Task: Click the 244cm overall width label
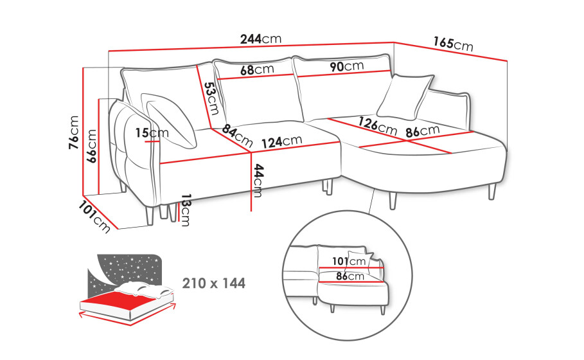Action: click(261, 39)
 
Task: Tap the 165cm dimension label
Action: click(453, 44)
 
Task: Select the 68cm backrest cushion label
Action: click(257, 69)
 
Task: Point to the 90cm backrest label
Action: click(347, 66)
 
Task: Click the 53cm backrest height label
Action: click(211, 98)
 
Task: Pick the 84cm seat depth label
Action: click(238, 136)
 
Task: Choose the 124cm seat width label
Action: click(281, 141)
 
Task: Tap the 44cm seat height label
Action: click(258, 181)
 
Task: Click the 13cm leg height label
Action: click(185, 210)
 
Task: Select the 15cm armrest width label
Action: click(152, 132)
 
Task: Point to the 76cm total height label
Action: click(74, 132)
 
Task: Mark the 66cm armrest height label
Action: click(91, 146)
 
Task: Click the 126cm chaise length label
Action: click(378, 125)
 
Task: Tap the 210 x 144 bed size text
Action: click(214, 283)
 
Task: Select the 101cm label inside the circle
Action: click(349, 261)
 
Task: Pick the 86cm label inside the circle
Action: click(350, 276)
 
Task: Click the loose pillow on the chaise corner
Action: click(405, 97)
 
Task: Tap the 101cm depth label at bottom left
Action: click(94, 217)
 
